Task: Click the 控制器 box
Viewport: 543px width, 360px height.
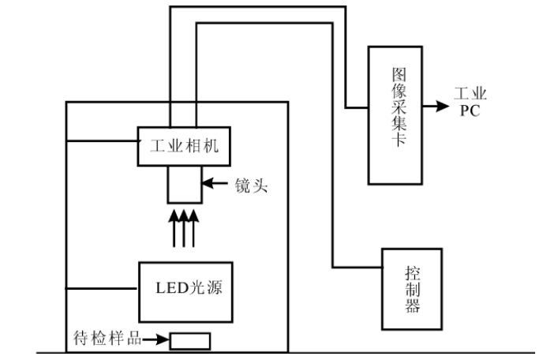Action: tap(411, 288)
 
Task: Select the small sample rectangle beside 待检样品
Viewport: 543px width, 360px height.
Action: tap(190, 341)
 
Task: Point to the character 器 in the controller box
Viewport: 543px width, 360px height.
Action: tap(412, 306)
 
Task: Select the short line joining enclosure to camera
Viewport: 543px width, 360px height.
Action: tap(103, 142)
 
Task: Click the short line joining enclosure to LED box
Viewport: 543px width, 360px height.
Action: tap(103, 286)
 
